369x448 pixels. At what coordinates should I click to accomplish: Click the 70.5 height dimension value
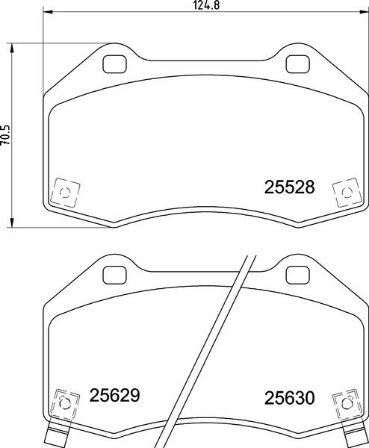pyautogui.click(x=6, y=138)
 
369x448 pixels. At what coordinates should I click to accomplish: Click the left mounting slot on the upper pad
pyautogui.click(x=116, y=65)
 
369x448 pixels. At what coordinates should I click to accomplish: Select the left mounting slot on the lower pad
pyautogui.click(x=116, y=273)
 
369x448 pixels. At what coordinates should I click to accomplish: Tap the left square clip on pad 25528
pyautogui.click(x=64, y=192)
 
